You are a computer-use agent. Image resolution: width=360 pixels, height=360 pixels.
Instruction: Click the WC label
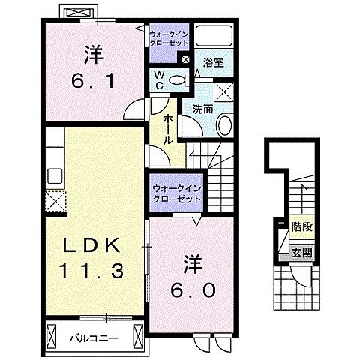[160, 79]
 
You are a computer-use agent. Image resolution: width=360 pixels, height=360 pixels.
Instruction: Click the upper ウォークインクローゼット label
[169, 39]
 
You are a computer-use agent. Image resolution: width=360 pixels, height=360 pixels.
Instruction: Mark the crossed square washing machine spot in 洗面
[223, 92]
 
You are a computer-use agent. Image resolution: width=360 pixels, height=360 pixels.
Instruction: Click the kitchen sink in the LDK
[54, 176]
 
